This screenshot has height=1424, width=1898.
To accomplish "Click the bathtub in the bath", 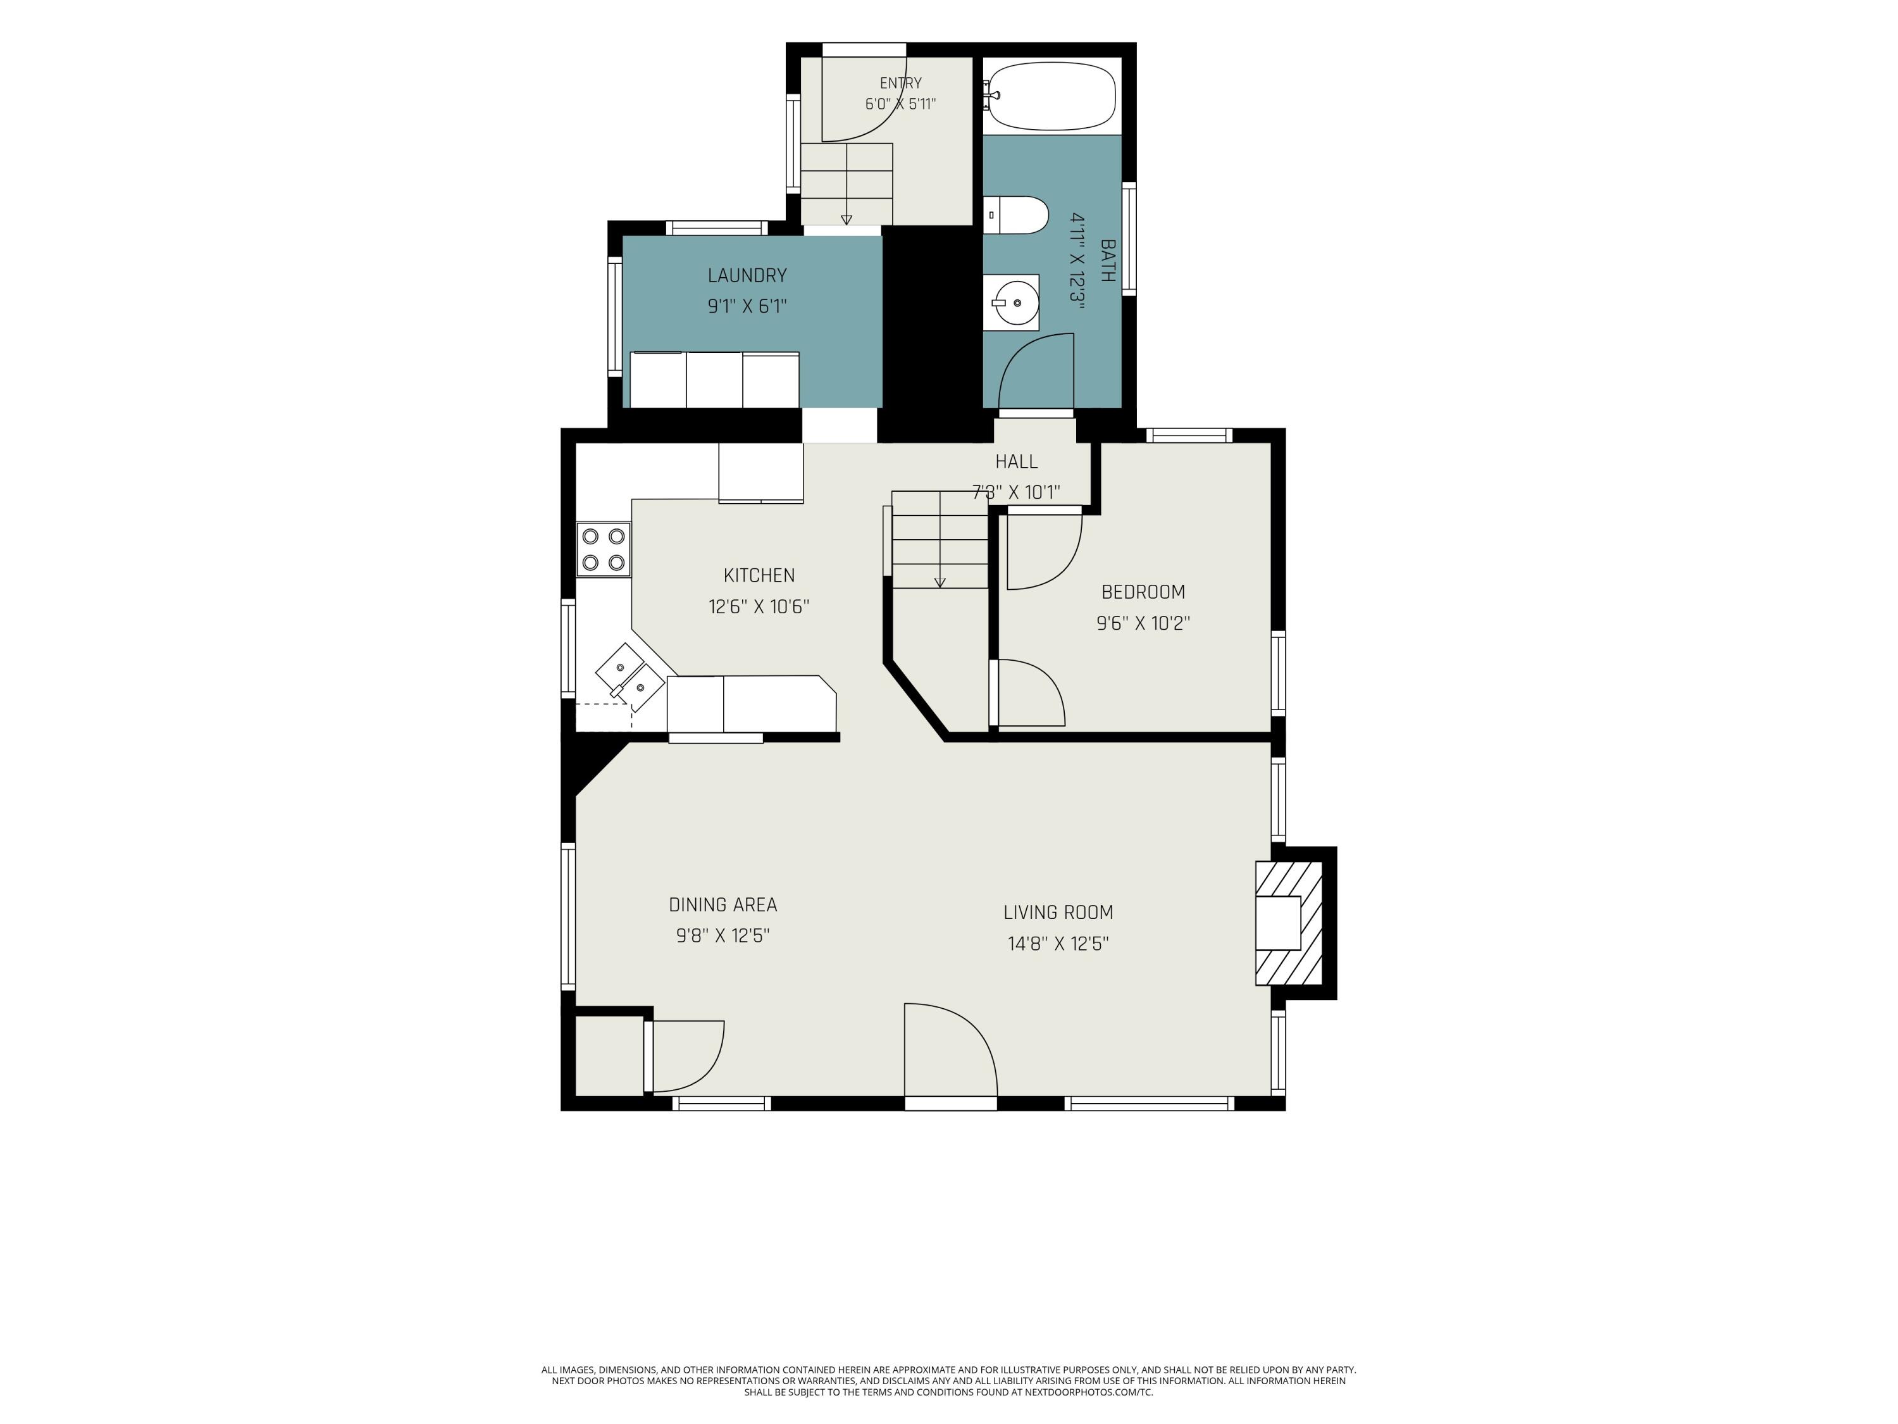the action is (1052, 96).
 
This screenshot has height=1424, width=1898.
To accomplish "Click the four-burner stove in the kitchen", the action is (603, 550).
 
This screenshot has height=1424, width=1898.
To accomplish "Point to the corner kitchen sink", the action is (631, 677).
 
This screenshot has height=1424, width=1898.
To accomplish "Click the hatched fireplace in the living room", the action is (1289, 923).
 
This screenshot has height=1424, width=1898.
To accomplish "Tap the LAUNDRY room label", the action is (747, 275).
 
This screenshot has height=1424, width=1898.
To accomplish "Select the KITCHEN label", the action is (759, 575).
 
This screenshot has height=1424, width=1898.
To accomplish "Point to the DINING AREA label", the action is (723, 904).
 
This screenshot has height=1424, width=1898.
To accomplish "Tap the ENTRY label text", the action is (901, 84).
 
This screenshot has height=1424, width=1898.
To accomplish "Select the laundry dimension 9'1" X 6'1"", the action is (747, 306).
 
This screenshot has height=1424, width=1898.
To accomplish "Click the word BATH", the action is (1108, 261).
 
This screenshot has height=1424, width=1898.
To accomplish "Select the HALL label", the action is (1017, 462).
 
